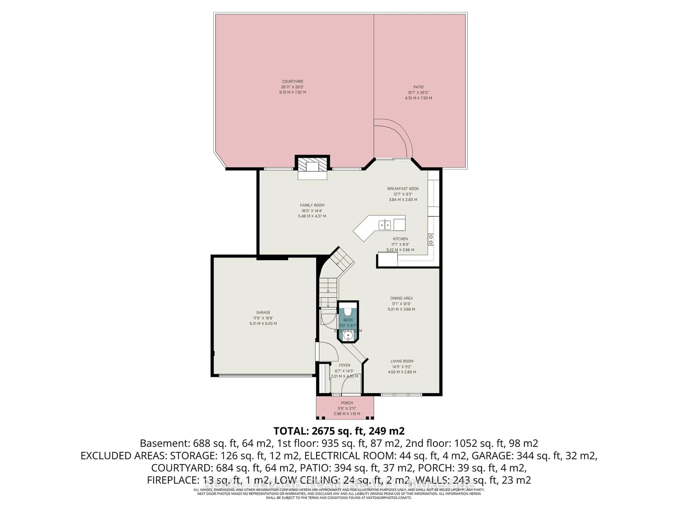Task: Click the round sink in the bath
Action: click(x=348, y=337)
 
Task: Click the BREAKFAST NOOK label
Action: click(x=403, y=189)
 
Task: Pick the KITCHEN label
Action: click(x=400, y=239)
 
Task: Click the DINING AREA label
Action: click(x=401, y=298)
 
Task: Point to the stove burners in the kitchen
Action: click(x=431, y=240)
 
